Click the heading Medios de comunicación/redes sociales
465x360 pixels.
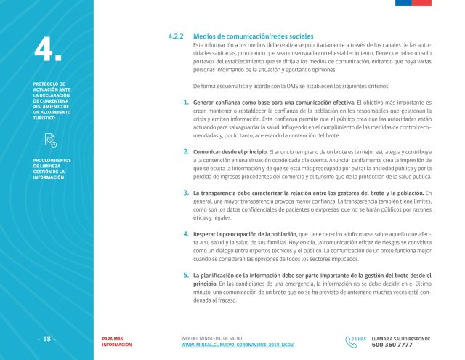(x=254, y=36)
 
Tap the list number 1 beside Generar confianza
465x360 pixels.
(x=186, y=103)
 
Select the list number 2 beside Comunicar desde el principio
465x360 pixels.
(x=186, y=149)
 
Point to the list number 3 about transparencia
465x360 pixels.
(x=186, y=192)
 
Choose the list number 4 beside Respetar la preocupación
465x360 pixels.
(x=186, y=234)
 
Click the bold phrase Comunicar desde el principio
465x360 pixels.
(x=230, y=150)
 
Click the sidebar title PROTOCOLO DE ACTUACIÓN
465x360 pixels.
(x=52, y=102)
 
